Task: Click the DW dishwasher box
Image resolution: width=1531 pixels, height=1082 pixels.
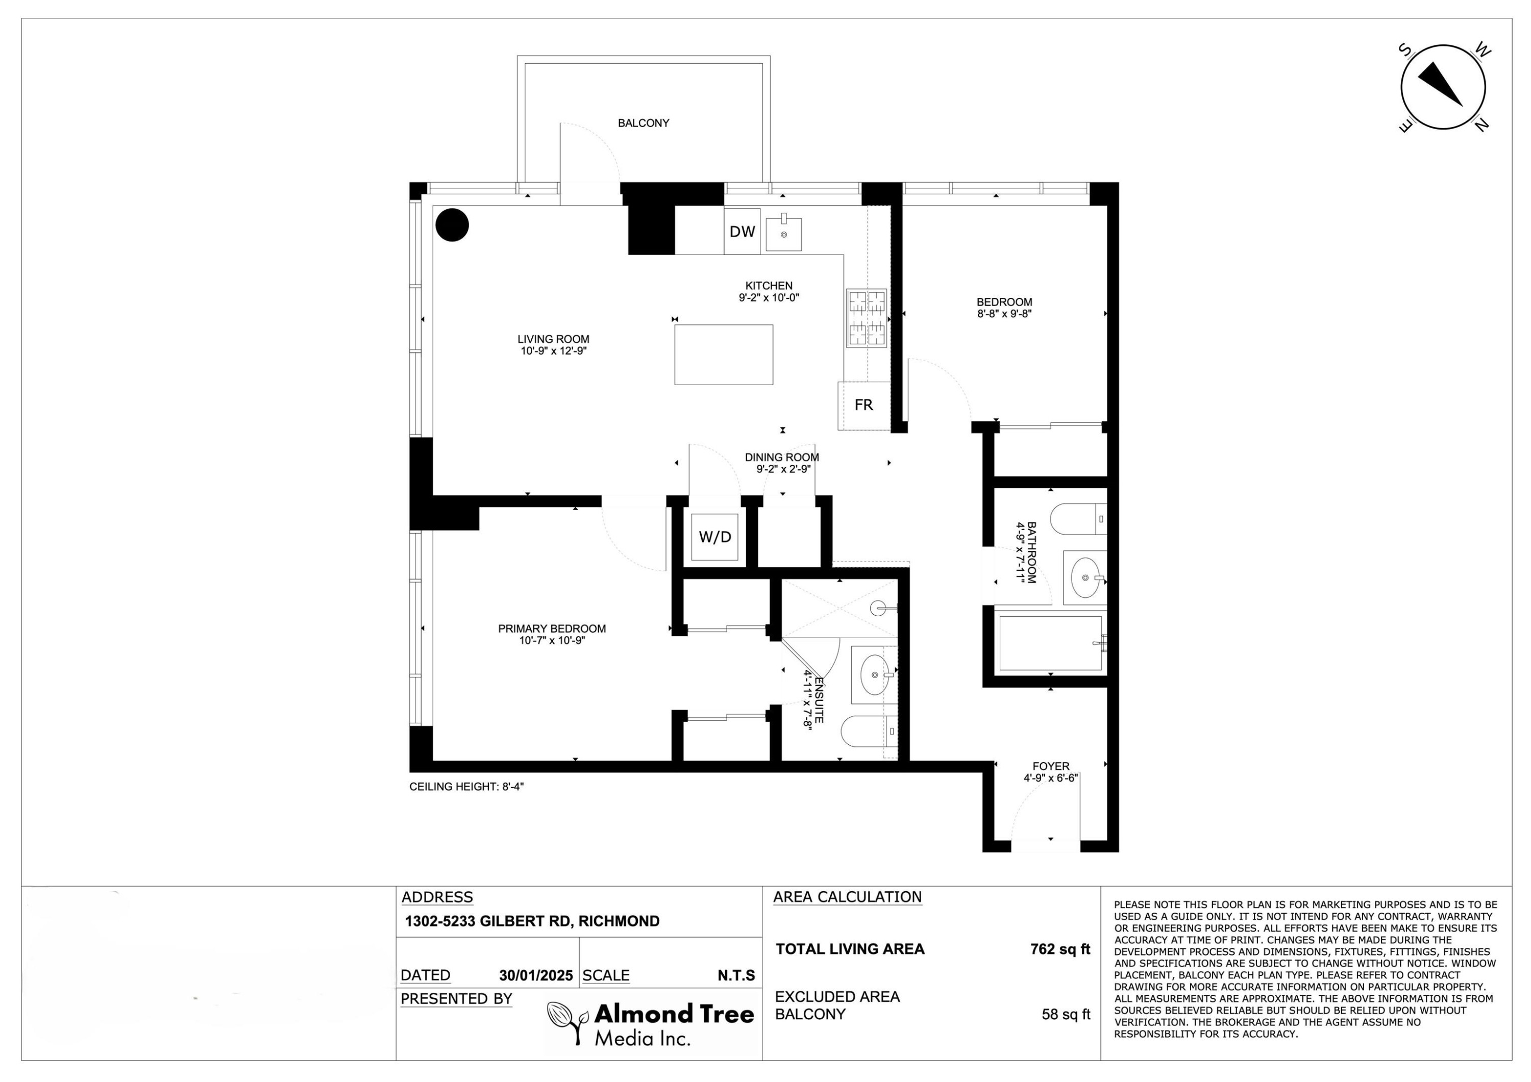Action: pyautogui.click(x=742, y=231)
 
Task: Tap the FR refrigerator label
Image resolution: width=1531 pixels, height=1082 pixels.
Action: pyautogui.click(x=863, y=405)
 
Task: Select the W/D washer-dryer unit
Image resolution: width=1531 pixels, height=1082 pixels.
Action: pyautogui.click(x=715, y=537)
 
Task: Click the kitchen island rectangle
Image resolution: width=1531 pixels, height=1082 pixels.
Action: pyautogui.click(x=724, y=355)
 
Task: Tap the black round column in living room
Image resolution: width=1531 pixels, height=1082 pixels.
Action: pyautogui.click(x=452, y=224)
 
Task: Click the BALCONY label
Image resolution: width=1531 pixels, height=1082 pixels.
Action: pyautogui.click(x=644, y=123)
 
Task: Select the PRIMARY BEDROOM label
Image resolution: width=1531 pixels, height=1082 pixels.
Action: pyautogui.click(x=552, y=628)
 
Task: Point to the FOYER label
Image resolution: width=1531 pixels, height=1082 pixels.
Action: pyautogui.click(x=1051, y=767)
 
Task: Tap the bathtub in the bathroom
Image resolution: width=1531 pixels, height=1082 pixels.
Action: pyautogui.click(x=1050, y=643)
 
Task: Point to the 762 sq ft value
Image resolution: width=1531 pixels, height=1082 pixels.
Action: pyautogui.click(x=1060, y=949)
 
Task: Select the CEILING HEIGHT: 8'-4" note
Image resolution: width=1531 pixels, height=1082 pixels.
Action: pyautogui.click(x=467, y=787)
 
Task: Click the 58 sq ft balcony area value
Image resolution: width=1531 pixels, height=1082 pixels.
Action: pyautogui.click(x=1066, y=1015)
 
